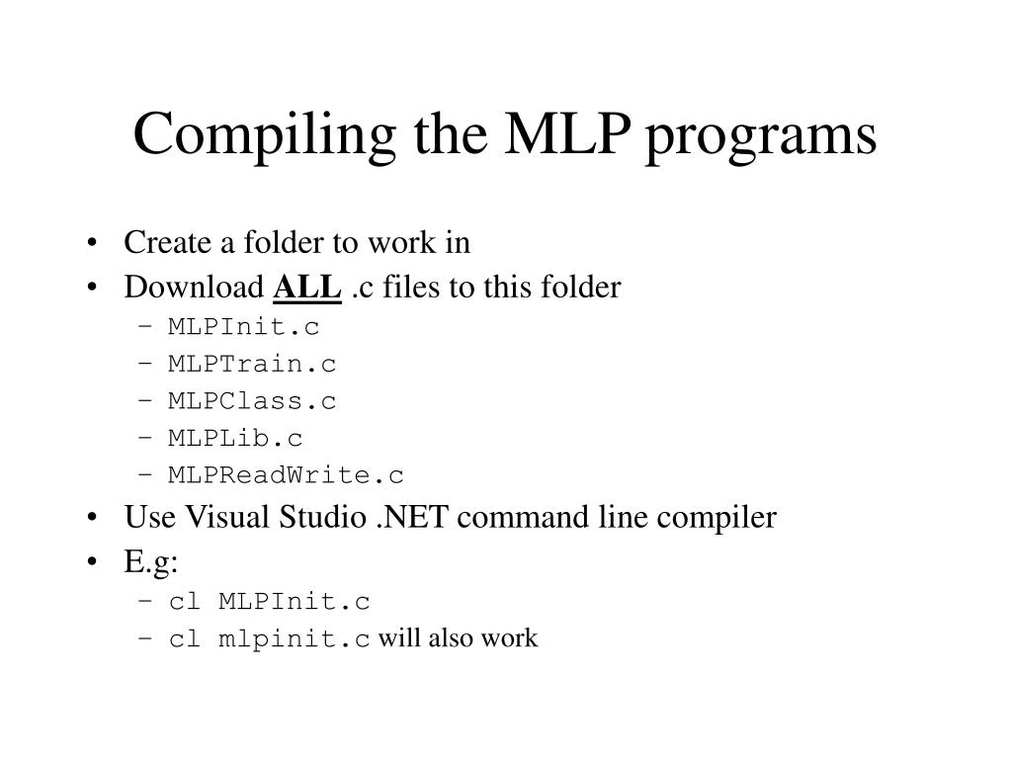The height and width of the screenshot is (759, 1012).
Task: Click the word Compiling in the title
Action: pos(265,135)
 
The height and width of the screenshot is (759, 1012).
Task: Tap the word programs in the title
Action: pos(761,136)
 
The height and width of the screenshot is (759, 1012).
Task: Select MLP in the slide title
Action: pos(567,133)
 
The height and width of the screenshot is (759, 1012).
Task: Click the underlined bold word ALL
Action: pos(307,288)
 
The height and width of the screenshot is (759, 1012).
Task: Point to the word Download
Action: pos(194,287)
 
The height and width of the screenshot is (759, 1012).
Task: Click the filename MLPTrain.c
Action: pos(252,364)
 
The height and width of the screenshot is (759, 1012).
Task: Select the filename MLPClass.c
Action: pos(252,401)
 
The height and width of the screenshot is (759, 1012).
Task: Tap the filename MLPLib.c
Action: pos(235,438)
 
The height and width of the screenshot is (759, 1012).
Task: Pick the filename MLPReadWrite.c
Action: pos(286,475)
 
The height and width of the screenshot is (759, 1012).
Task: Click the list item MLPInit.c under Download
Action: pos(244,326)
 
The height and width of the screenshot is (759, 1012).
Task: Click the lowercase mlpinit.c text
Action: pos(295,639)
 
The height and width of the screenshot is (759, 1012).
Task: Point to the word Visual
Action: pos(226,517)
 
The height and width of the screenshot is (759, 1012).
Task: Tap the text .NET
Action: pos(412,517)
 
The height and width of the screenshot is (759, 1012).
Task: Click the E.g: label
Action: pos(151,562)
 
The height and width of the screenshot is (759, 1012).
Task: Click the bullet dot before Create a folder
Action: pos(92,243)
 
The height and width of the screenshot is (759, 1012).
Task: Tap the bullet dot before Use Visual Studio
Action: pos(92,518)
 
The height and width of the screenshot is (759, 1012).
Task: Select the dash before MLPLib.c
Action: pos(145,438)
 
